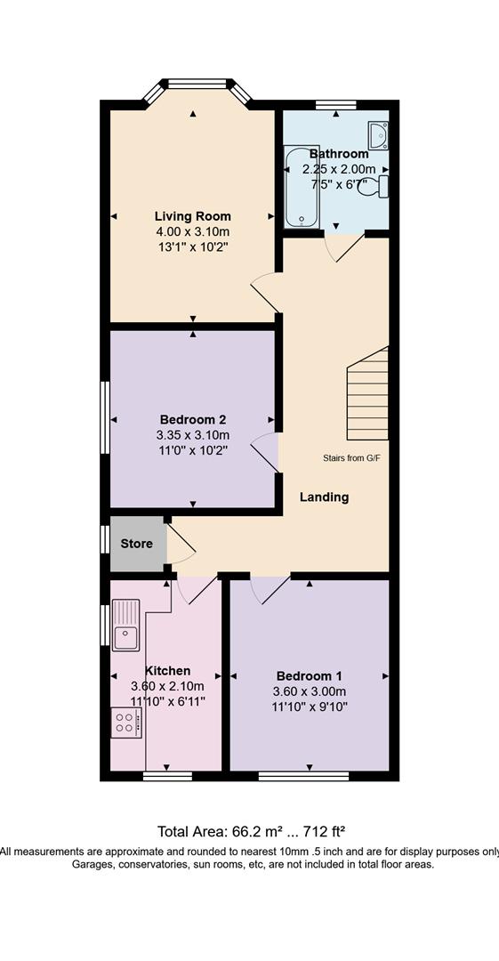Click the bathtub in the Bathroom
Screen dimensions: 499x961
(301, 186)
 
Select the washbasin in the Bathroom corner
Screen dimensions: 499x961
(378, 134)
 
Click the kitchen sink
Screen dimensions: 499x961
(126, 626)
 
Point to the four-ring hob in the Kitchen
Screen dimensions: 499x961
(126, 723)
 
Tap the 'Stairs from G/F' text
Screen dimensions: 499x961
(348, 458)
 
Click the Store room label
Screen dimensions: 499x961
(136, 544)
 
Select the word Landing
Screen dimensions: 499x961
(325, 497)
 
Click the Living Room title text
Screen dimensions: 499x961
(192, 215)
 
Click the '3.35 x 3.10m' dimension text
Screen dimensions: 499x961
(192, 436)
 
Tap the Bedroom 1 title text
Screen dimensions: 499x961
(309, 676)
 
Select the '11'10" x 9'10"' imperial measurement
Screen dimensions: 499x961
(309, 706)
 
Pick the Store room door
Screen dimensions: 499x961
(181, 541)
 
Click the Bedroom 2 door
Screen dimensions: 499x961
(265, 452)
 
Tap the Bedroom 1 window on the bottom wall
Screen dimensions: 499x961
(303, 777)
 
